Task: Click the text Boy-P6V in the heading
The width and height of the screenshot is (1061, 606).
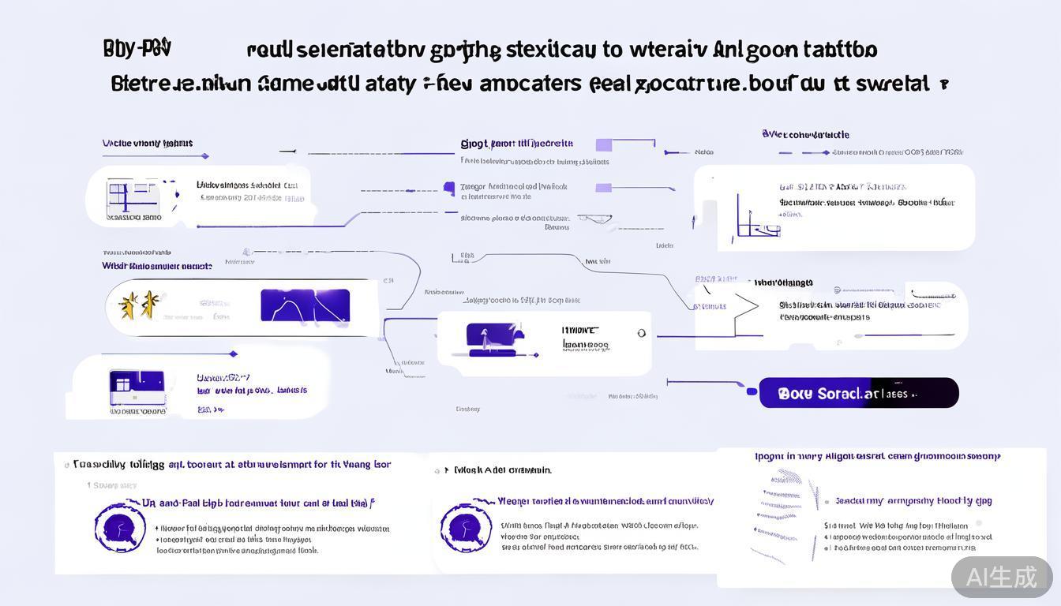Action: point(137,49)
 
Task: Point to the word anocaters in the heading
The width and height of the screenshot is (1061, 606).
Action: point(519,83)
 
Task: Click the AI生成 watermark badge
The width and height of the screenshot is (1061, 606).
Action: point(1001,577)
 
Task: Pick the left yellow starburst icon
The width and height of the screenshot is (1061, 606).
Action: point(128,305)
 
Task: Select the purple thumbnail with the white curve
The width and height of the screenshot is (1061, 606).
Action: point(305,305)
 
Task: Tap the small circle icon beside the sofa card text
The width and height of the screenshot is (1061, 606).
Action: point(641,334)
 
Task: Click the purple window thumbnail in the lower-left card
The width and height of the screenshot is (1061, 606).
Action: point(137,387)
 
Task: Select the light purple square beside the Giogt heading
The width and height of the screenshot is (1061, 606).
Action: point(604,144)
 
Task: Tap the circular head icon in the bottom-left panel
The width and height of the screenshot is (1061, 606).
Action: point(120,527)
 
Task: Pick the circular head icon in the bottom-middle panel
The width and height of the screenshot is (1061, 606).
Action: point(466,527)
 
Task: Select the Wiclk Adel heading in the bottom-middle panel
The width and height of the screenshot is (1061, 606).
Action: point(502,470)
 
